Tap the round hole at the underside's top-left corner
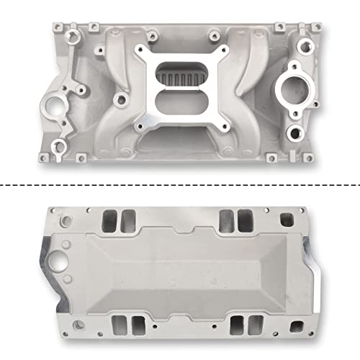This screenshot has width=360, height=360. pyautogui.click(x=69, y=215)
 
